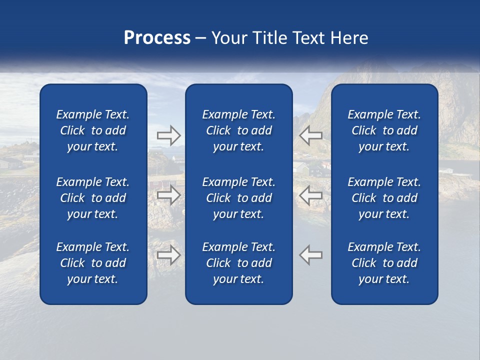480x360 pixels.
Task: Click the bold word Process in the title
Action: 157,38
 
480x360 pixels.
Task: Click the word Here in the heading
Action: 349,38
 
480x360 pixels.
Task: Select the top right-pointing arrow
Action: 168,134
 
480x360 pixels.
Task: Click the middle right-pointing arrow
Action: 168,195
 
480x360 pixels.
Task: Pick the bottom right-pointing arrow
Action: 168,255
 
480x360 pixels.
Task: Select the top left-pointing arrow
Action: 310,134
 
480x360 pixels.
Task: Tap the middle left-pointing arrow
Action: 310,195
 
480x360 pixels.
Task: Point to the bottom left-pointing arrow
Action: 310,255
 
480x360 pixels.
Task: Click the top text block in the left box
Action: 93,130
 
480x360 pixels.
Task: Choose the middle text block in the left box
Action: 93,198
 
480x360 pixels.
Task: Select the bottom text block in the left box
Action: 93,263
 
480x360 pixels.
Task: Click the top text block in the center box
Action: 238,130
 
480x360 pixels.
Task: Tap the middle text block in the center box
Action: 238,198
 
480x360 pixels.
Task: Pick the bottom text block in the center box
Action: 238,263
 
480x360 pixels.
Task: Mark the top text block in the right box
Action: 384,130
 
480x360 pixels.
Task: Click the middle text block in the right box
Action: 384,198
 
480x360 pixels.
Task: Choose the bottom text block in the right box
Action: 384,263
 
